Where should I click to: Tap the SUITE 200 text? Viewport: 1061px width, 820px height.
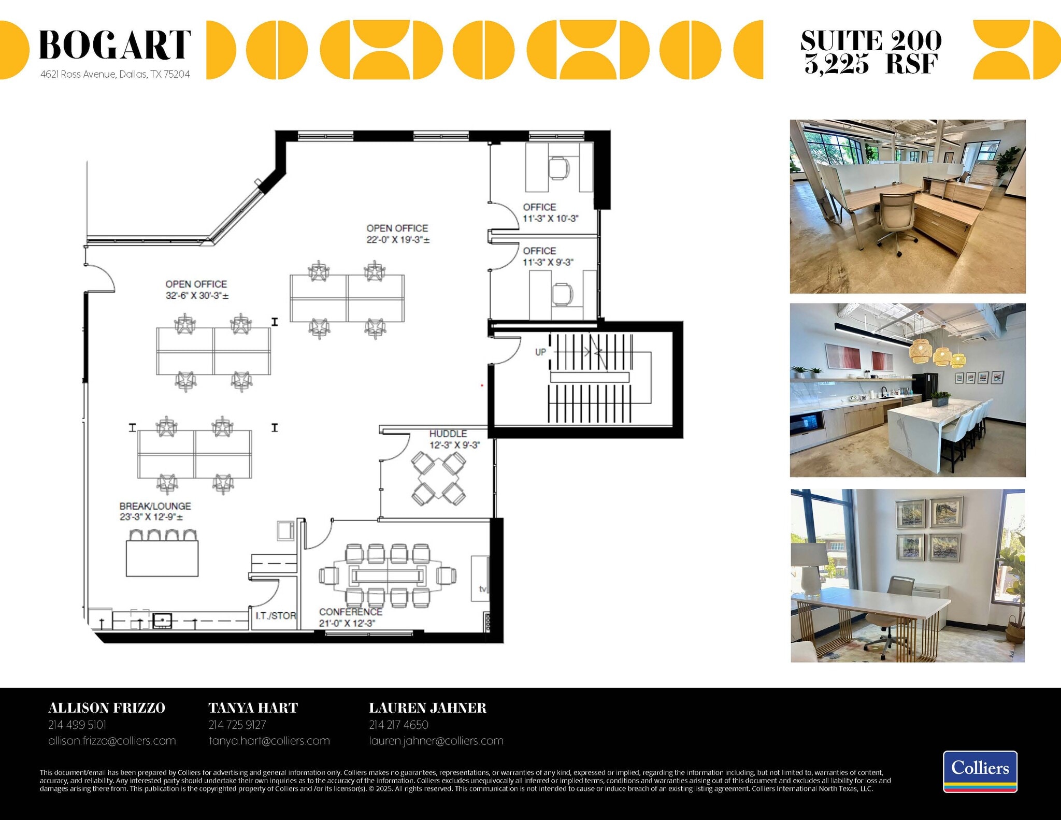[x=871, y=40]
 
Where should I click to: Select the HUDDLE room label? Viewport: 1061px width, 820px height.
[x=448, y=434]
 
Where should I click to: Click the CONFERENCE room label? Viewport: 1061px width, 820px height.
[x=351, y=612]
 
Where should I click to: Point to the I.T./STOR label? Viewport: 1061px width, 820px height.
[x=276, y=616]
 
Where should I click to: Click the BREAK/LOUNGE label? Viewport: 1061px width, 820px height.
[x=155, y=506]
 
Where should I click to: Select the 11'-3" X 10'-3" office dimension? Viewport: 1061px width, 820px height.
[x=550, y=219]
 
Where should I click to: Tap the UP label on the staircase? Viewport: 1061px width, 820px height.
[x=540, y=352]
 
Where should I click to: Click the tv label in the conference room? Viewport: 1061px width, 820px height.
[x=482, y=589]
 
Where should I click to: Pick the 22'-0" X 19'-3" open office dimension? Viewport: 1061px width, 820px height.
[x=398, y=240]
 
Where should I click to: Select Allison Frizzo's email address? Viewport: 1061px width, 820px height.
[x=112, y=741]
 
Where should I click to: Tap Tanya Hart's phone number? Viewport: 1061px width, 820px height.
[x=237, y=725]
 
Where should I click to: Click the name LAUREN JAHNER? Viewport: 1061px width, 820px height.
[x=427, y=708]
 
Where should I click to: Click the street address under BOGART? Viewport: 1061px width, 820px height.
[x=115, y=74]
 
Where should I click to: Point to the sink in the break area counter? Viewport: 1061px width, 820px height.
[x=162, y=620]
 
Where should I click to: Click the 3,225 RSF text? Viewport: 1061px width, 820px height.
[x=871, y=64]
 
